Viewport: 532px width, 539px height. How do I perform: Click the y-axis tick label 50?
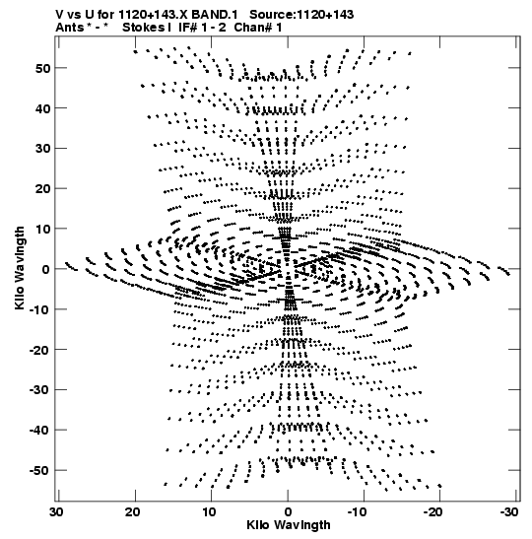tap(42, 68)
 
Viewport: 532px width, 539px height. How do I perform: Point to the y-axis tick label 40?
tap(42, 108)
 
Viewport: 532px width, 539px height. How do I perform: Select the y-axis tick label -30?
tap(39, 389)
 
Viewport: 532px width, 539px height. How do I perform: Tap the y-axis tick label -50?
tap(39, 470)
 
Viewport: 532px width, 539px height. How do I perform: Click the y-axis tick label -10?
tap(39, 309)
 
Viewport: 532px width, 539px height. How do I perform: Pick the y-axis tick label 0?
tap(46, 269)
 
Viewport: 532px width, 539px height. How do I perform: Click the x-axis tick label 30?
tap(57, 511)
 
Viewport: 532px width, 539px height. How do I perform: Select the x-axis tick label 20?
tap(133, 511)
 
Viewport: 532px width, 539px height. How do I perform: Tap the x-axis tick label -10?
tap(359, 511)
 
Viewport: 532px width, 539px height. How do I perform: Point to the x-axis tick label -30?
tap(509, 511)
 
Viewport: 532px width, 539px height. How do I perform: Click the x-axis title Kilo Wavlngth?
tap(288, 525)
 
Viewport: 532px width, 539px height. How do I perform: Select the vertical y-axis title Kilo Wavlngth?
tap(20, 268)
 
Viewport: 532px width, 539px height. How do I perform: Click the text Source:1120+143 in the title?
tap(301, 15)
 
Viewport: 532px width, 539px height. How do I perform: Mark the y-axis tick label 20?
tap(42, 189)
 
